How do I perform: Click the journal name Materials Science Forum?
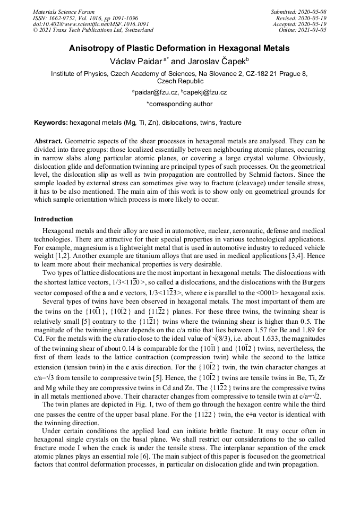pyautogui.click(x=64, y=12)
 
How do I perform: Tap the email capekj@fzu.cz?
pyautogui.click(x=205, y=92)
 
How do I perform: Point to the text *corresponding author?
pyautogui.click(x=179, y=104)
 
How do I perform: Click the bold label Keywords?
pyautogui.click(x=51, y=123)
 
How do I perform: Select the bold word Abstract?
pyautogui.click(x=48, y=142)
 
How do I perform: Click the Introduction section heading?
pyautogui.click(x=54, y=219)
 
